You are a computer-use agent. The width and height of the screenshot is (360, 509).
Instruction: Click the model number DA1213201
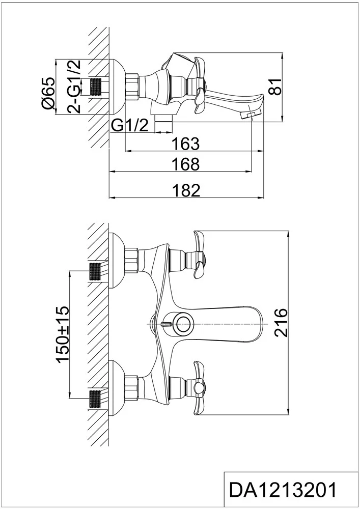283,490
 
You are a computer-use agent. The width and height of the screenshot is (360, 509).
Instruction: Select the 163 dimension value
185,144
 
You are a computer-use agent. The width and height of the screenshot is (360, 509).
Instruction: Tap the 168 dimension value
185,164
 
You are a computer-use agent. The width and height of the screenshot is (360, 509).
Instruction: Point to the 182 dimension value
186,190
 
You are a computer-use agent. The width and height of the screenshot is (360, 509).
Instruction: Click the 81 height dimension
276,87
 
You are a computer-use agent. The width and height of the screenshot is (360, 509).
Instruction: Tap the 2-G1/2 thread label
74,87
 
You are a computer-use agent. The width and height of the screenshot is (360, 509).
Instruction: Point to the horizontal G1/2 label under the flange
129,125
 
